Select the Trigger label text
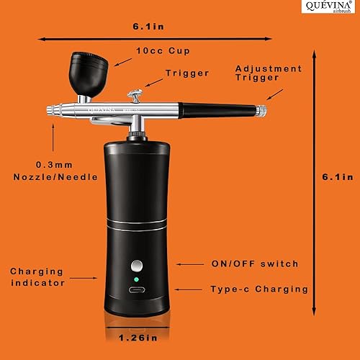pyautogui.click(x=186, y=73)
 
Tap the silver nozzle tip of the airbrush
pyautogui.click(x=52, y=110)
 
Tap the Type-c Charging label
pyautogui.click(x=259, y=289)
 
